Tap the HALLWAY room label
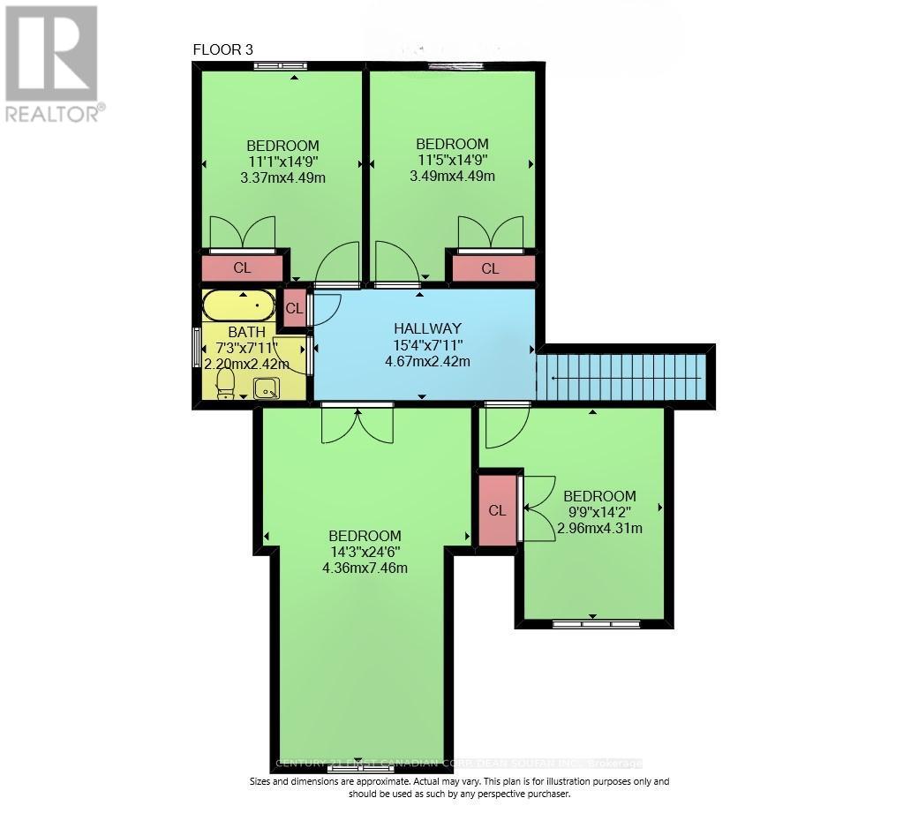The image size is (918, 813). tap(421, 326)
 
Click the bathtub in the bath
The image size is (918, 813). tap(238, 306)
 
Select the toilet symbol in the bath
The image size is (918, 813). tap(226, 384)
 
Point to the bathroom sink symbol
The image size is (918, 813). tap(267, 388)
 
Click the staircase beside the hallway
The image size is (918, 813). tap(622, 376)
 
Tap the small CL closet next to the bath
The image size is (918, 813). tap(294, 308)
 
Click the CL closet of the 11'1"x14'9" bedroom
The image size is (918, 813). tap(241, 267)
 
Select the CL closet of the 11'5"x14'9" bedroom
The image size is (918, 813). tap(490, 268)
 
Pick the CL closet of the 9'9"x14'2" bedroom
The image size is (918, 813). tap(497, 510)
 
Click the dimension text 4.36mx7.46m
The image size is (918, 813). tap(365, 568)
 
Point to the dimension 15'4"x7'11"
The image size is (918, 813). tap(421, 345)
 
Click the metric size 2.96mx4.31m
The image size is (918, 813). tap(599, 529)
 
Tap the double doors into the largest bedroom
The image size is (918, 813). tap(357, 424)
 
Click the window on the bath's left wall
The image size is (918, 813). tap(196, 348)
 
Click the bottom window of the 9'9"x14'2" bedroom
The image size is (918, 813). tap(596, 624)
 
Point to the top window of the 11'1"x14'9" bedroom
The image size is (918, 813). tap(280, 65)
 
